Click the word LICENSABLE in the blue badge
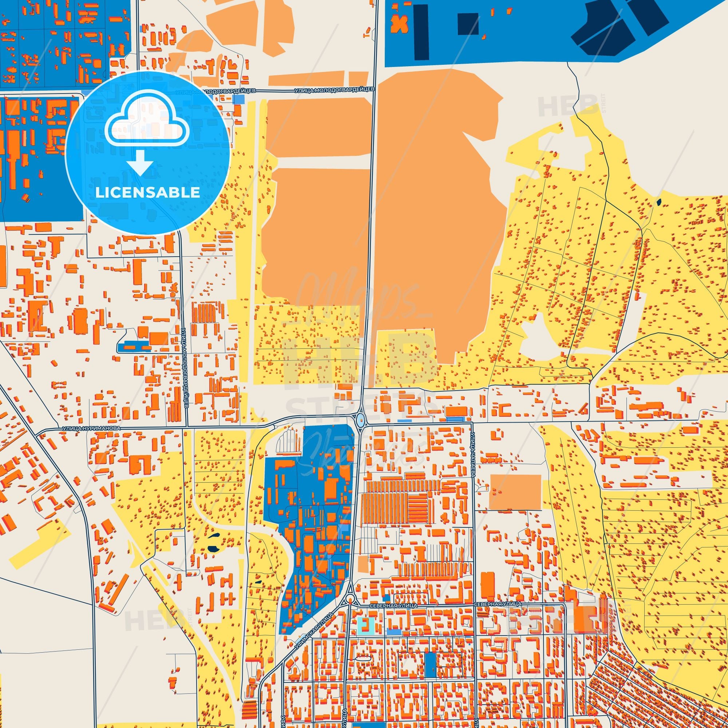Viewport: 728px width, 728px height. tap(147, 193)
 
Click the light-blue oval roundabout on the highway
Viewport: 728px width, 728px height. tap(361, 419)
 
